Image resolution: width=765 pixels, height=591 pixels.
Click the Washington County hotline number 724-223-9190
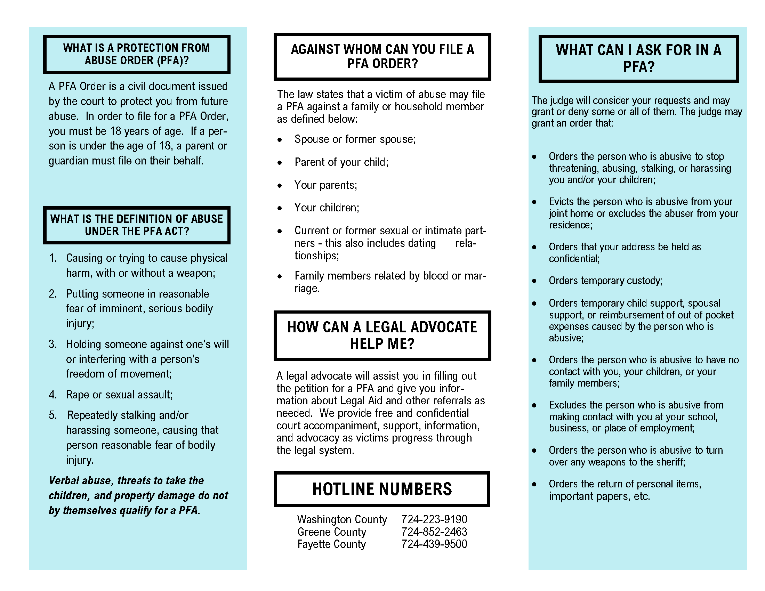[x=434, y=519]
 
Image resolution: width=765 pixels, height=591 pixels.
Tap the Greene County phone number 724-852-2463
[x=434, y=532]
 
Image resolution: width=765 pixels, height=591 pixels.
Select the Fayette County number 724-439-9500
[x=434, y=544]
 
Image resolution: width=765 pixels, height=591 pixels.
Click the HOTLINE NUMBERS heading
[x=382, y=489]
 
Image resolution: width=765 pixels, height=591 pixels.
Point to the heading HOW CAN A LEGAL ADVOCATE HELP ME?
[x=382, y=335]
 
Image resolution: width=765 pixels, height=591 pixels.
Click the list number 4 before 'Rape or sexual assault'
[x=53, y=395]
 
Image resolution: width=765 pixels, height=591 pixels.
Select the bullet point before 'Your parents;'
[x=280, y=186]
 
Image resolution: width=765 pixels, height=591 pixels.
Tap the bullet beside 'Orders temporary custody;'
[x=534, y=281]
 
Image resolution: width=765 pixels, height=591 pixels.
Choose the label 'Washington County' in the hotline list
[x=342, y=519]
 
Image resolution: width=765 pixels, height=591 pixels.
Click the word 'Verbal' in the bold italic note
[x=64, y=481]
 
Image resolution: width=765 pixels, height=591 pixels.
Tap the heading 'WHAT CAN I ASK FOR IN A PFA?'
[x=638, y=58]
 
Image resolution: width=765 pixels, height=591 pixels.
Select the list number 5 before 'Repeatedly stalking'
[x=53, y=415]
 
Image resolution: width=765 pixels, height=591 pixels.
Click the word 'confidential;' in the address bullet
[x=574, y=259]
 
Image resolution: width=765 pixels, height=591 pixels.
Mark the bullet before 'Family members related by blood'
[x=280, y=277]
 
